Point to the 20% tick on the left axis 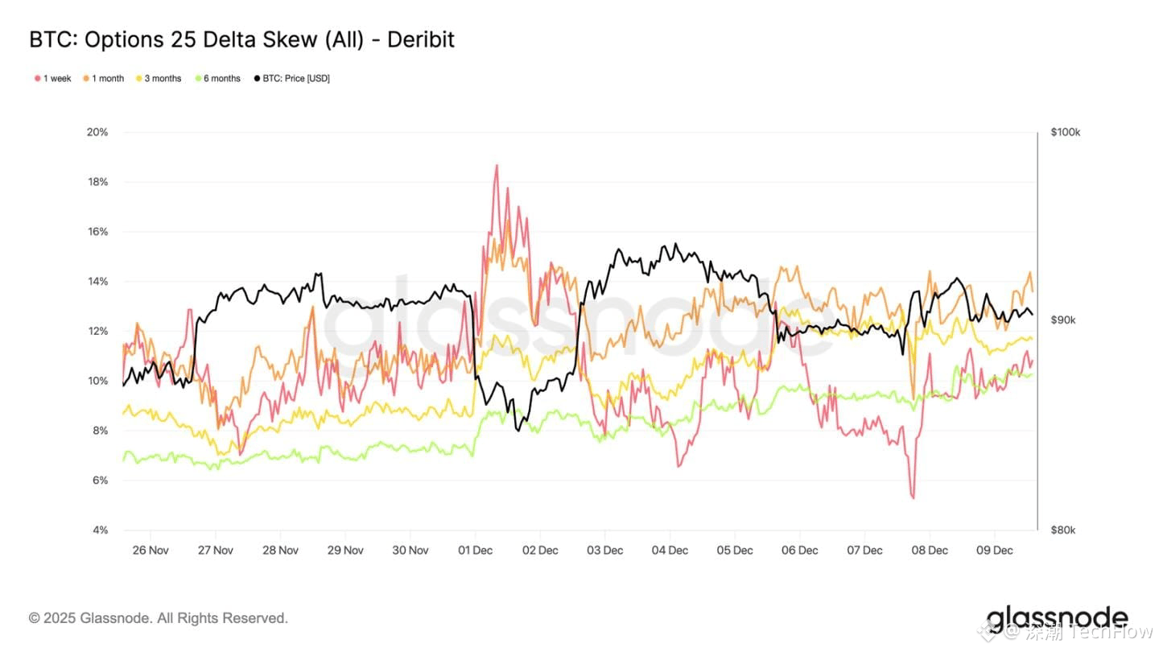click(97, 132)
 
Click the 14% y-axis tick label click(97, 282)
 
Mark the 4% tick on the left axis click(100, 530)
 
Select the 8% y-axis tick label click(100, 431)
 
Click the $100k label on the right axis click(1065, 132)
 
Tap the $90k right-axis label click(1062, 320)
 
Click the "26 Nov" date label click(150, 551)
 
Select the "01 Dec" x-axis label click(475, 551)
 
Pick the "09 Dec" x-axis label click(994, 551)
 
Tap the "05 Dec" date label click(734, 551)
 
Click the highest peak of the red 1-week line click(496, 166)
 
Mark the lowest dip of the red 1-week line click(913, 497)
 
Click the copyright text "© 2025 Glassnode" click(90, 618)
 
